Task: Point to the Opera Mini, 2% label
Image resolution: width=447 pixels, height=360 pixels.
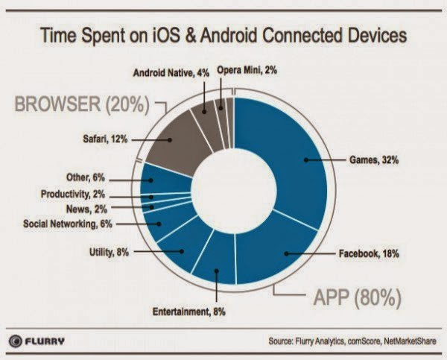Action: tap(248, 72)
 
